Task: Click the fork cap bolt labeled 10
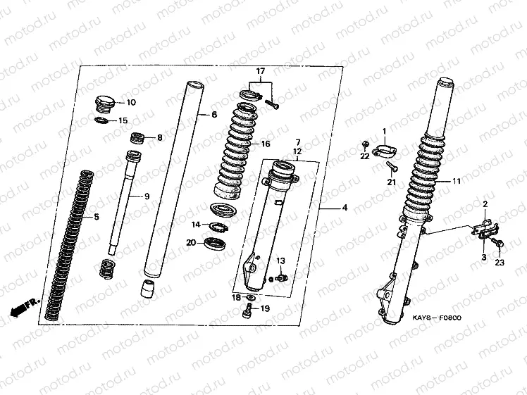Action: pos(105,104)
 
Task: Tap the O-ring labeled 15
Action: pos(101,120)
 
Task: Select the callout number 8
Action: pos(160,138)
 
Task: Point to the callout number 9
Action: pos(147,196)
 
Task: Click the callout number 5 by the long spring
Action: pos(97,217)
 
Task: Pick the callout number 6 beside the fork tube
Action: pos(214,115)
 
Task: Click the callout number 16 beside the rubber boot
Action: pos(266,144)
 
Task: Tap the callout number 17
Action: pos(261,71)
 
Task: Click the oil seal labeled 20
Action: pos(215,243)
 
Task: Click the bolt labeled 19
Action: pos(247,311)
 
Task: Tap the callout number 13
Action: pos(280,261)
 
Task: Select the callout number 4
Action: pos(345,208)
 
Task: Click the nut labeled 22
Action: pos(365,144)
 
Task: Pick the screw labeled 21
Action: pos(392,167)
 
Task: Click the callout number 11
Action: pos(456,182)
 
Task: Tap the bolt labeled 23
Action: pos(497,242)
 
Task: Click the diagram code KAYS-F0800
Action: pos(437,318)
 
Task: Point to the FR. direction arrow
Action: pos(25,307)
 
